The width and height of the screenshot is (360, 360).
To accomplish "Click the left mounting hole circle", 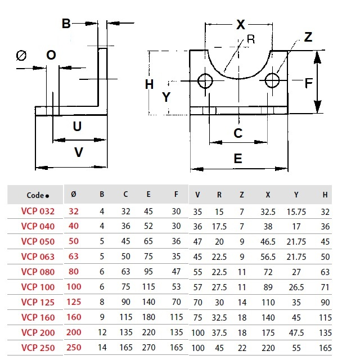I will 205,81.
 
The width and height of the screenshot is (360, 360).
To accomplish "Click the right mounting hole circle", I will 273,80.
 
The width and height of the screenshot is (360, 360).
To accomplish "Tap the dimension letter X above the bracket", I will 241,25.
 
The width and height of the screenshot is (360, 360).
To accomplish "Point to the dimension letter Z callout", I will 308,38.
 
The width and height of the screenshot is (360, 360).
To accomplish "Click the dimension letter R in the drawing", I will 251,39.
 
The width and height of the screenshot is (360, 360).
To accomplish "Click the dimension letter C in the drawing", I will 238,133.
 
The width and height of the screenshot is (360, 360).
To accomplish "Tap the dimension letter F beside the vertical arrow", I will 308,83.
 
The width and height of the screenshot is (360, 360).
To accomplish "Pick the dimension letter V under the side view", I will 79,152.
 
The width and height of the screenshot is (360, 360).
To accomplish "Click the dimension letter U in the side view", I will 78,126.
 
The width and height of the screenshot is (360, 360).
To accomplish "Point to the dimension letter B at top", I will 66,24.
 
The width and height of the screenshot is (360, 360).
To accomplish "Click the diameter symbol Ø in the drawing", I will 22,55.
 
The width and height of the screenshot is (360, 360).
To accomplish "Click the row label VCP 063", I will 38,257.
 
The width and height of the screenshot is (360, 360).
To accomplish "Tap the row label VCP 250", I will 38,348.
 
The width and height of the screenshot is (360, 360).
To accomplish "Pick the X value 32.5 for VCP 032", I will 268,211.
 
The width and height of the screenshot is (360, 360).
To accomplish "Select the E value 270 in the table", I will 148,348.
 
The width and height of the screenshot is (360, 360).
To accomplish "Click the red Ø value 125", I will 74,303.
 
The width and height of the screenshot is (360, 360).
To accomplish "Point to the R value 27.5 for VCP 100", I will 219,287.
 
